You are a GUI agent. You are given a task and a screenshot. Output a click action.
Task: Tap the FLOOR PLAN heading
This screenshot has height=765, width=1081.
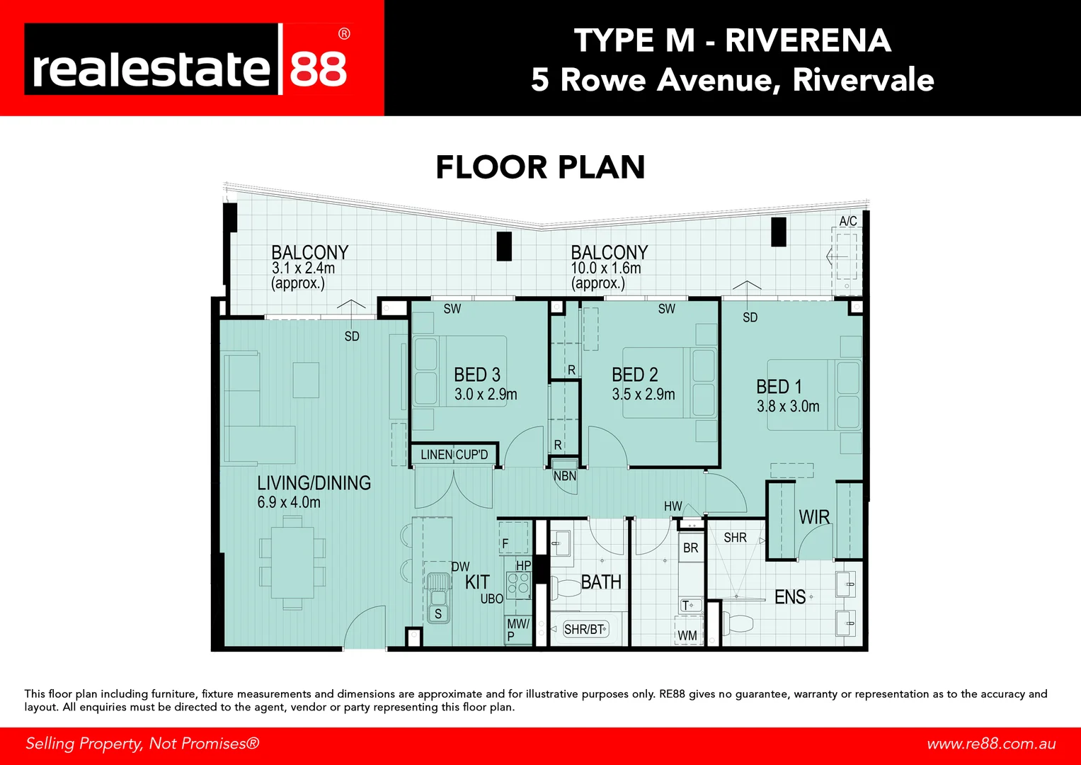coord(540,168)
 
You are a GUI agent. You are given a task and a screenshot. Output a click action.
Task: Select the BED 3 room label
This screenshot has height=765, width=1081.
coord(477,375)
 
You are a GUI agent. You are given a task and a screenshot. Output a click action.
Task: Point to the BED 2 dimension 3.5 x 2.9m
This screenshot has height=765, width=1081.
coord(644,395)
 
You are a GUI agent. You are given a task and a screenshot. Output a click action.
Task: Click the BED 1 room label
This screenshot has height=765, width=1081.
coord(779,387)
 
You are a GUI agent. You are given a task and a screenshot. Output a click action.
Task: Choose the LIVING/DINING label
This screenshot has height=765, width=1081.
coord(314,483)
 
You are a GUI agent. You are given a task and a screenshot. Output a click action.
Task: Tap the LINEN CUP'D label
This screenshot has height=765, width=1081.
coord(454,455)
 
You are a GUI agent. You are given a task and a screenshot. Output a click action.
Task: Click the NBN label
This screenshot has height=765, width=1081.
coord(565,476)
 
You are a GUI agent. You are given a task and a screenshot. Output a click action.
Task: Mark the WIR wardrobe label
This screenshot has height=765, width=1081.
coord(814,517)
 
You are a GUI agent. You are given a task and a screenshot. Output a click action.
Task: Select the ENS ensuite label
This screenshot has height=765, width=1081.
coord(790,597)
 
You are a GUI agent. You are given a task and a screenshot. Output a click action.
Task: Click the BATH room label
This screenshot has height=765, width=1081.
coord(601,582)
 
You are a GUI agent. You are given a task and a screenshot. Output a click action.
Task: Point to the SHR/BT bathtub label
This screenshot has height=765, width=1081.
coord(584,629)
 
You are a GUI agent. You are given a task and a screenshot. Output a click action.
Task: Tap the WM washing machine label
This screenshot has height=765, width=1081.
coord(687,635)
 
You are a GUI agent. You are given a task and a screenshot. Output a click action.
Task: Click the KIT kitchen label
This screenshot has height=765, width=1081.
coord(477,582)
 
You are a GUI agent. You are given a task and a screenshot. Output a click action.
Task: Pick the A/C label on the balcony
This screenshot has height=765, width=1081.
coord(847,221)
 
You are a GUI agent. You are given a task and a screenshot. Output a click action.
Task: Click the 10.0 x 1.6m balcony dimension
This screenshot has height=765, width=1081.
coord(606,268)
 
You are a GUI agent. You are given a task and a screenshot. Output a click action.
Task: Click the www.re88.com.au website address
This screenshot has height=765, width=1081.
coord(991,744)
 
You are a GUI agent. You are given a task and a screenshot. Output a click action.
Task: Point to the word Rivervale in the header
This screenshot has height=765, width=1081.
coord(863,80)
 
